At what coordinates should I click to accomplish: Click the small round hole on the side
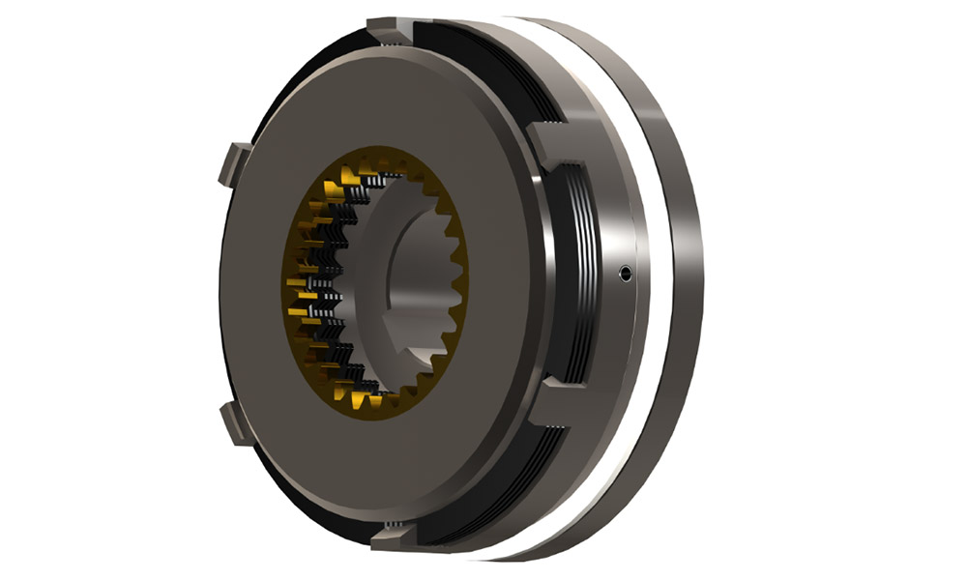pyautogui.click(x=627, y=274)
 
